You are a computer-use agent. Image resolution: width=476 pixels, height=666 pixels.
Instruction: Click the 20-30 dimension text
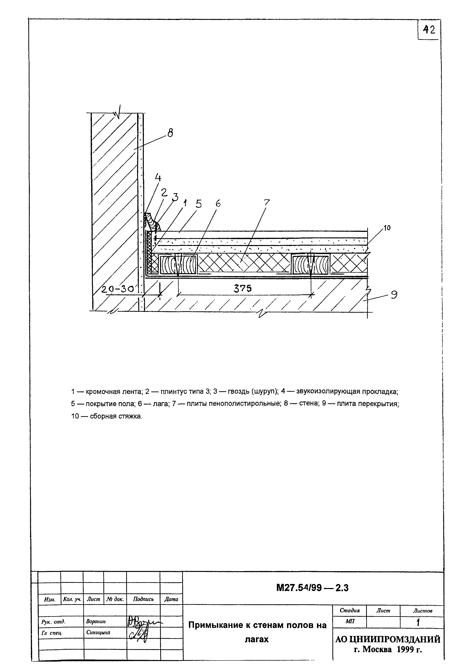[118, 290]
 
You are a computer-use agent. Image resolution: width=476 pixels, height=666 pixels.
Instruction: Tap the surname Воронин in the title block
[96, 621]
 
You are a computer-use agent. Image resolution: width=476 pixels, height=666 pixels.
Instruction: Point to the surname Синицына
[98, 633]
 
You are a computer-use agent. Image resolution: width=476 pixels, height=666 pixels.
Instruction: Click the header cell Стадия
[349, 611]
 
